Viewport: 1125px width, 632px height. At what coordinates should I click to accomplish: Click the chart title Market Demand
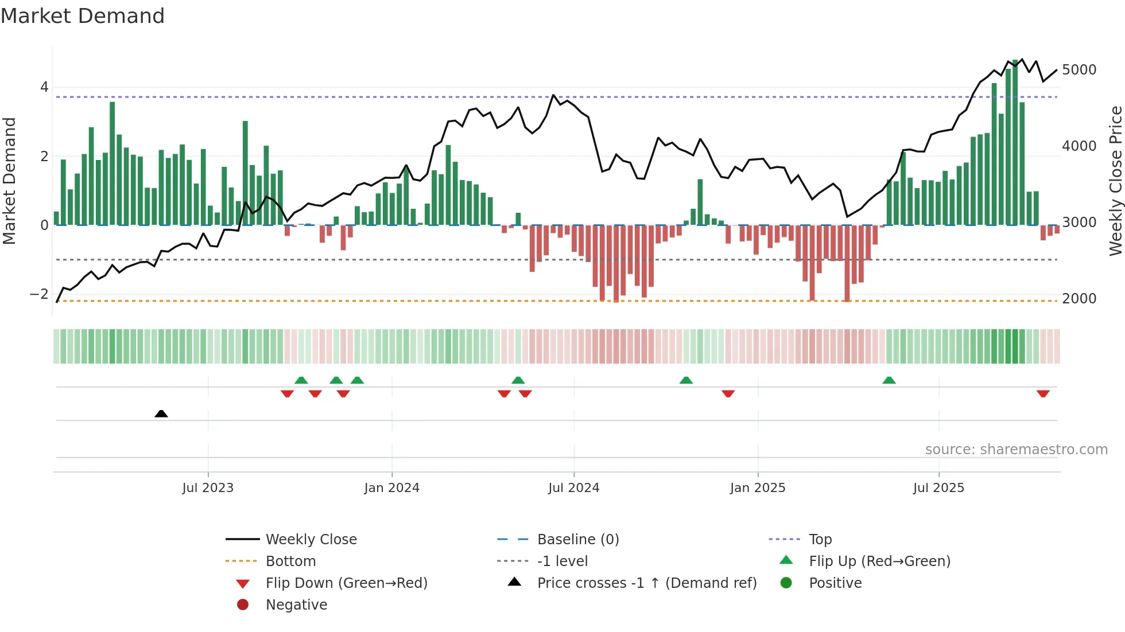point(83,16)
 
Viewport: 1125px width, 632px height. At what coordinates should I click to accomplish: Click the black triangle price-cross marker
point(161,413)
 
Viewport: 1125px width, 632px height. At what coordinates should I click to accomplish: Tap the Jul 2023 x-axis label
point(208,488)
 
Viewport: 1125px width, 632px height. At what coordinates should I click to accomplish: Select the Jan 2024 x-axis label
point(391,488)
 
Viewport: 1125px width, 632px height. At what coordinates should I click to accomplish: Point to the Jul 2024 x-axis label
point(573,488)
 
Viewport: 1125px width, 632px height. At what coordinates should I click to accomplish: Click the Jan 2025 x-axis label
point(757,488)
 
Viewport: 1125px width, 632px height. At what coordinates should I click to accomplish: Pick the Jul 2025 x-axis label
point(938,488)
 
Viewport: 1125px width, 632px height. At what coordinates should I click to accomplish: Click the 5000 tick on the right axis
point(1079,70)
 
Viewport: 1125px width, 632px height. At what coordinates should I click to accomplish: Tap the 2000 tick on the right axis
point(1079,299)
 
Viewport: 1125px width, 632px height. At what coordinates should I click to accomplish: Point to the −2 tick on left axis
point(39,294)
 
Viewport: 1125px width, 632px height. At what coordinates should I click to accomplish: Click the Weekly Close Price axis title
point(1115,181)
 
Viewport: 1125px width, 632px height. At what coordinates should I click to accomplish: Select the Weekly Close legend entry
point(311,540)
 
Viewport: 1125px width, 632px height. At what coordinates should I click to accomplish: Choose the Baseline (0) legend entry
point(577,540)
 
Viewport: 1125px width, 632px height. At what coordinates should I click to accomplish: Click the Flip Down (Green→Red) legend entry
point(346,583)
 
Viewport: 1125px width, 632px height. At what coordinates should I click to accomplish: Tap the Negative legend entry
point(296,605)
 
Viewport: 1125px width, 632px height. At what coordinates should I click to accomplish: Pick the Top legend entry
point(820,540)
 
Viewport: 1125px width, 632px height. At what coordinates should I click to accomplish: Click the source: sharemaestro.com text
point(1016,450)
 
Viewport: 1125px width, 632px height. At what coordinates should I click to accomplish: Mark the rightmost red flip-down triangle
point(1043,393)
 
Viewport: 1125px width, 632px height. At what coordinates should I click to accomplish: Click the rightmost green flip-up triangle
point(889,380)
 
